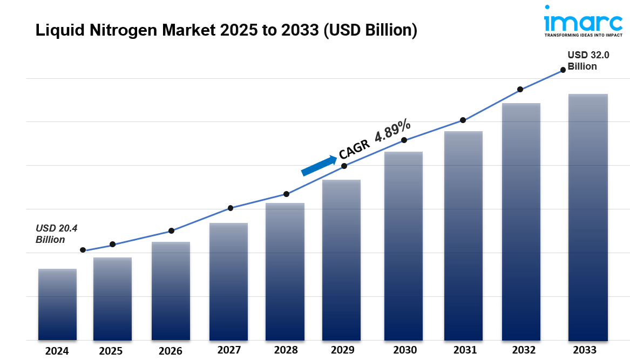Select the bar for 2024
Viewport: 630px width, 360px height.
point(57,304)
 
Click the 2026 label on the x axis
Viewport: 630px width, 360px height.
point(171,351)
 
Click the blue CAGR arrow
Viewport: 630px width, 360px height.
point(319,166)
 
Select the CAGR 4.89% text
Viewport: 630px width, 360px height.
point(375,139)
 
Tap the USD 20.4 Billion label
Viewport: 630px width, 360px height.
point(56,234)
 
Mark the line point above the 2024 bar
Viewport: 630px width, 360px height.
point(83,250)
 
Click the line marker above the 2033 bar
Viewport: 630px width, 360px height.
point(563,70)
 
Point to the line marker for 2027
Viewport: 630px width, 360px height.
point(231,208)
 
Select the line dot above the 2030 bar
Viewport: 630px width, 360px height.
point(404,140)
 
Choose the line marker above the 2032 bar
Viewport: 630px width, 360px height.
point(520,89)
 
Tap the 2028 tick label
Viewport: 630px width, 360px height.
point(286,350)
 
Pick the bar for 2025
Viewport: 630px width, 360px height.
point(112,299)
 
